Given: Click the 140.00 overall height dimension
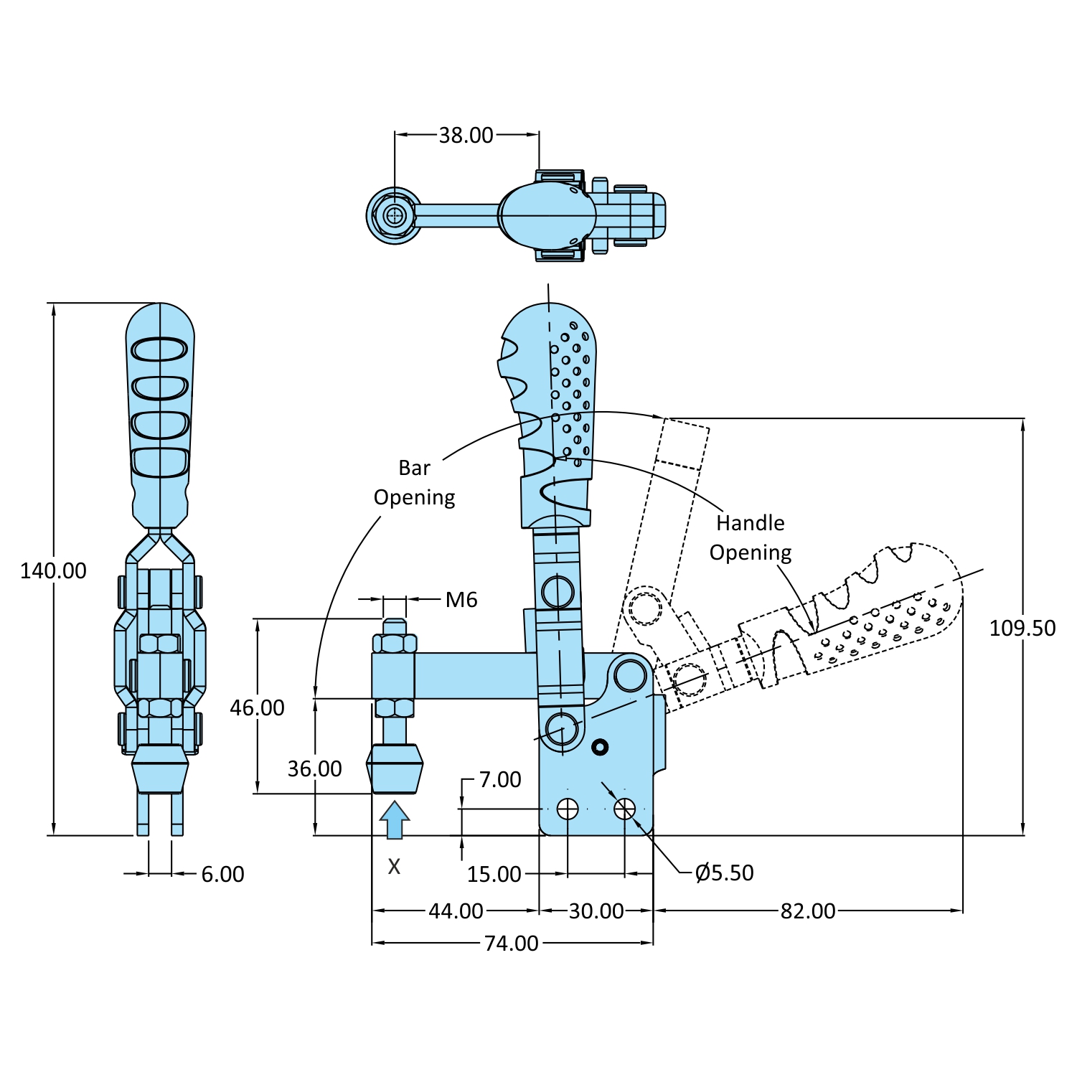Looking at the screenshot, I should click(x=53, y=571).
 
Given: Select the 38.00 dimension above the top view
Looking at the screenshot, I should click(x=466, y=135).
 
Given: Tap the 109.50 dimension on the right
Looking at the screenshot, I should click(x=1022, y=629).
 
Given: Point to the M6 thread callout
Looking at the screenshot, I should click(x=461, y=600).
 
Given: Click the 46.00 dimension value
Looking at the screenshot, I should click(x=257, y=708).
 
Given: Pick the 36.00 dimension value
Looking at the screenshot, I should click(x=314, y=769).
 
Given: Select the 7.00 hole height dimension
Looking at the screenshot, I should click(x=499, y=780).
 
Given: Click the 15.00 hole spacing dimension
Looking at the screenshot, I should click(x=494, y=875).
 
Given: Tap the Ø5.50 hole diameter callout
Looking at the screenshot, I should click(x=725, y=873).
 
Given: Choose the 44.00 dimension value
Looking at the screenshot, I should click(x=456, y=911).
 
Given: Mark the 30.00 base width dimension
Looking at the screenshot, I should click(x=596, y=911).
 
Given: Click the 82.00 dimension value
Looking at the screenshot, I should click(x=807, y=911).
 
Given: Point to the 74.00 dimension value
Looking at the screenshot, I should click(x=511, y=944).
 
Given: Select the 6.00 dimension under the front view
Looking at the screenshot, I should click(x=222, y=875).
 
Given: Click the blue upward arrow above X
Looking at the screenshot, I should click(x=394, y=819).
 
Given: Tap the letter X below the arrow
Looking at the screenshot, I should click(x=394, y=867).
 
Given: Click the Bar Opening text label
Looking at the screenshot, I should click(x=414, y=483).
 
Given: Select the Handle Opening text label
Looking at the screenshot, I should click(x=750, y=538).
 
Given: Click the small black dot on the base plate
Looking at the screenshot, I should click(x=600, y=748).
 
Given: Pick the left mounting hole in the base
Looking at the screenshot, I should click(x=568, y=809).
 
